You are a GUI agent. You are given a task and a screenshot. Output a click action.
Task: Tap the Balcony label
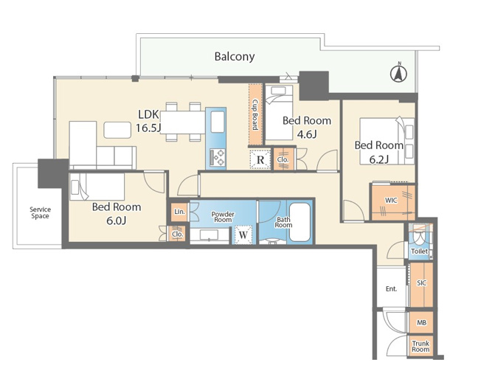pyautogui.click(x=235, y=57)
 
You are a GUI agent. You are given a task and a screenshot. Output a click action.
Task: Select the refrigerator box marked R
pyautogui.click(x=260, y=159)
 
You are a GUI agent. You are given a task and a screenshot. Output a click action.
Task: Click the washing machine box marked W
pyautogui.click(x=243, y=235)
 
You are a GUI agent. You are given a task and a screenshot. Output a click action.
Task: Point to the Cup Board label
pyautogui.click(x=255, y=114)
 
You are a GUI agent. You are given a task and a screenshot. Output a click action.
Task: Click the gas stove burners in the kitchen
pyautogui.click(x=218, y=157)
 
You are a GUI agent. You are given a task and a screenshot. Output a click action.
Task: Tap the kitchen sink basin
pyautogui.click(x=218, y=122)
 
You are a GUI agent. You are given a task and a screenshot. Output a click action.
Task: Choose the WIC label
pyautogui.click(x=391, y=201)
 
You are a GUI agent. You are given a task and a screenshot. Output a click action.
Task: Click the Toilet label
pyautogui.click(x=419, y=252)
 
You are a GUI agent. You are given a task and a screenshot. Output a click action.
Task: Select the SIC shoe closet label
pyautogui.click(x=421, y=282)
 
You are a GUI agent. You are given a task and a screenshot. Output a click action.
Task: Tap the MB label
pyautogui.click(x=421, y=323)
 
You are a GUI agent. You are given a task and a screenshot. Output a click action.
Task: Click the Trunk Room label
pyautogui.click(x=421, y=347)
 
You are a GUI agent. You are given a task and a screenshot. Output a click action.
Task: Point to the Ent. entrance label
pyautogui.click(x=391, y=288)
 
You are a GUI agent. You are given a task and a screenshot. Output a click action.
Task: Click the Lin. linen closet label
pyautogui.click(x=179, y=212)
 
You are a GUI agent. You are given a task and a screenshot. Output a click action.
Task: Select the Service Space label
pyautogui.click(x=40, y=212)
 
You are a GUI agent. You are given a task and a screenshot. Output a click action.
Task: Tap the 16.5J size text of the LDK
pyautogui.click(x=148, y=128)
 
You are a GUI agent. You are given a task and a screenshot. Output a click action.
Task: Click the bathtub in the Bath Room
pyautogui.click(x=300, y=222)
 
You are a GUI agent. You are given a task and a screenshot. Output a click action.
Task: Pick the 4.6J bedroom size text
pyautogui.click(x=307, y=134)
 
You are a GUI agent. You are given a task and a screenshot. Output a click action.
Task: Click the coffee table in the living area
pyautogui.click(x=117, y=130)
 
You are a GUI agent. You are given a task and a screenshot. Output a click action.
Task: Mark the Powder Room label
pyautogui.click(x=223, y=217)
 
